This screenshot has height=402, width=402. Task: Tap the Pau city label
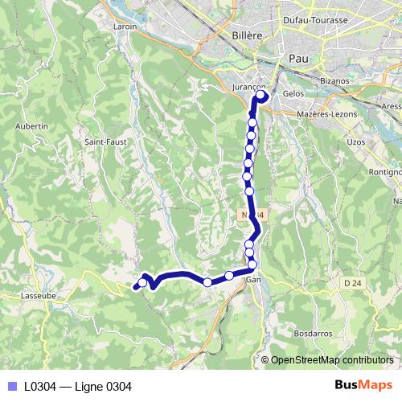click(x=297, y=59)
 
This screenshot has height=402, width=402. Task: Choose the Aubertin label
click(x=31, y=126)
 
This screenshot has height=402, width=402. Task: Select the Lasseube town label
click(x=37, y=295)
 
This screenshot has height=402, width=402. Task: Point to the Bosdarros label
click(x=312, y=332)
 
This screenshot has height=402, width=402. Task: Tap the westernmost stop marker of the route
click(x=142, y=282)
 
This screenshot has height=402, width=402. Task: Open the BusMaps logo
click(x=363, y=385)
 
